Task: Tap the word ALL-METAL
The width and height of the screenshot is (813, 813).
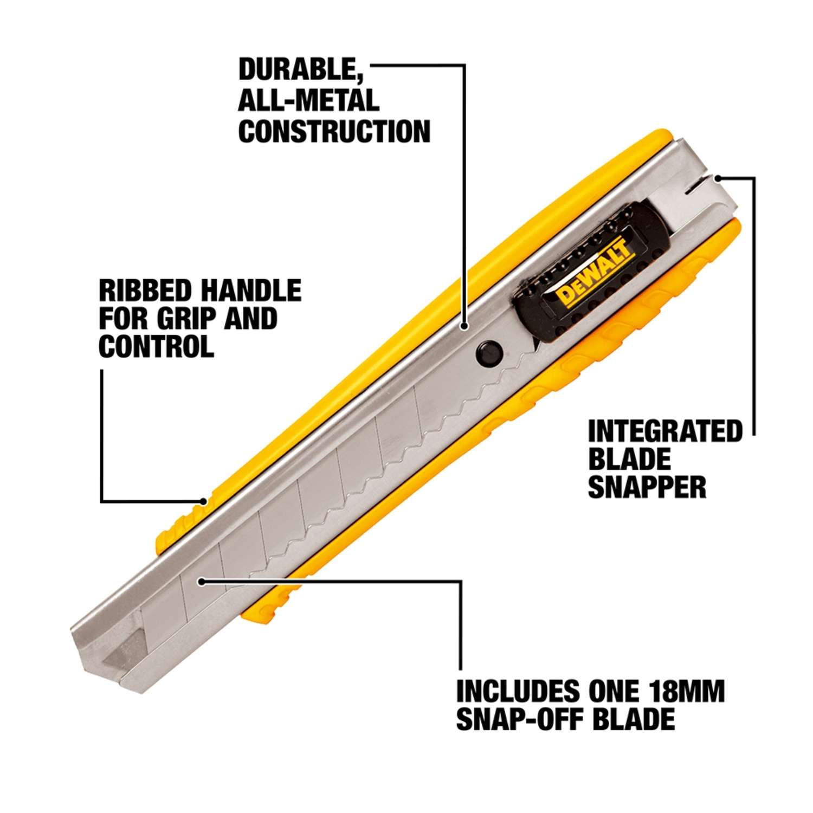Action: (x=308, y=101)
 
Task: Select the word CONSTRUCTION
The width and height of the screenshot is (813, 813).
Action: (x=334, y=132)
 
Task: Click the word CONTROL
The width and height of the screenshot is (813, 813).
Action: (x=156, y=346)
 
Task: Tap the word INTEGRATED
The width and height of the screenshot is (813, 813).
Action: (x=665, y=432)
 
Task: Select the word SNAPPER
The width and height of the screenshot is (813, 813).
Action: (x=647, y=487)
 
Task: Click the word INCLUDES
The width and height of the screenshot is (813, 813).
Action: (x=518, y=692)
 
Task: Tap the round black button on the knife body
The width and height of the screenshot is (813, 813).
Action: (x=488, y=353)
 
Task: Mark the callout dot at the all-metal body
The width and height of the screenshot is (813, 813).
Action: (x=464, y=326)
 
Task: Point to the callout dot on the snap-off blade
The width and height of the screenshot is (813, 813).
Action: (x=202, y=582)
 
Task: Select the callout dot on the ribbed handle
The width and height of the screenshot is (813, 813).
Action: (x=203, y=501)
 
